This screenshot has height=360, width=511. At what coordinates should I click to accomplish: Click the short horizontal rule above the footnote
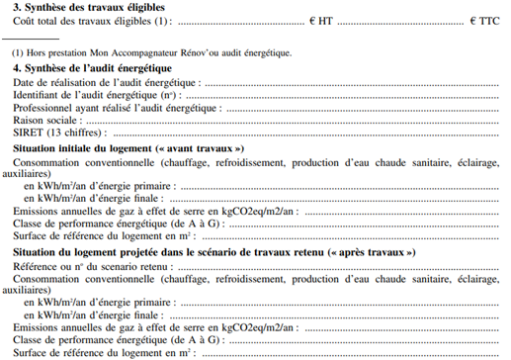click(30, 40)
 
